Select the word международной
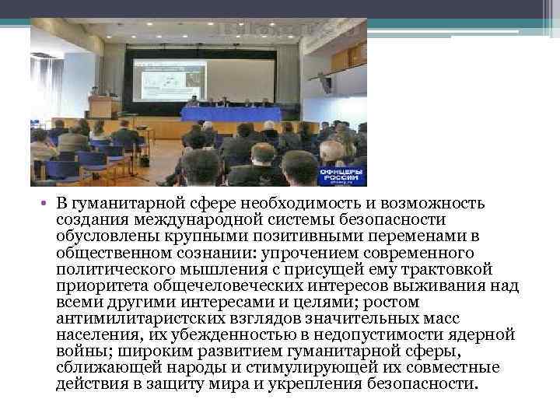click(172, 220)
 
